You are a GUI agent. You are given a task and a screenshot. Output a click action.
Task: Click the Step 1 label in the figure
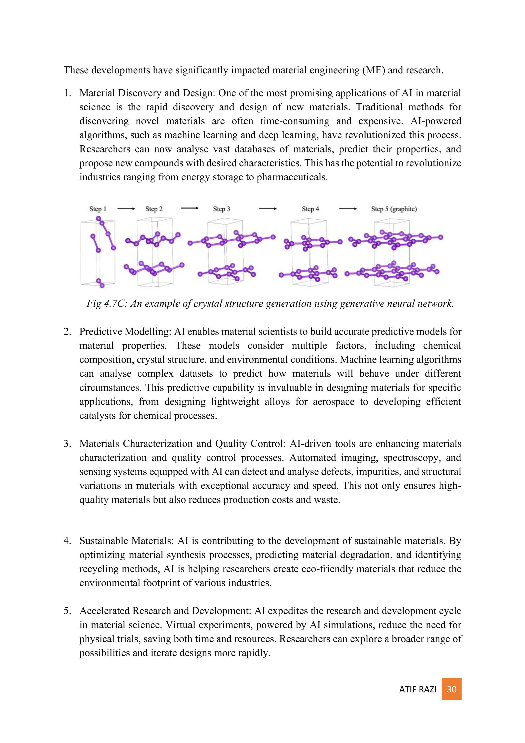(x=98, y=209)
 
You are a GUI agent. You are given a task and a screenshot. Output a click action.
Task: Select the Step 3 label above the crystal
(x=221, y=209)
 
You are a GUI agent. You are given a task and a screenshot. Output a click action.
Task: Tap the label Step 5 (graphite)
(x=394, y=209)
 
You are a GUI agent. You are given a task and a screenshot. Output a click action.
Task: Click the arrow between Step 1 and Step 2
(x=126, y=209)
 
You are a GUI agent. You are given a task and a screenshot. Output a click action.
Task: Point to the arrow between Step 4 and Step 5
(x=348, y=209)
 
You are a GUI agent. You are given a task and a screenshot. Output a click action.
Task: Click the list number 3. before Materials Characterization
(x=67, y=444)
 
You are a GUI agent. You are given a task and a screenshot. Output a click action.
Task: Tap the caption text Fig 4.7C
(x=106, y=304)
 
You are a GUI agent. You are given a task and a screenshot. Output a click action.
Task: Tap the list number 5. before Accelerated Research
(x=67, y=611)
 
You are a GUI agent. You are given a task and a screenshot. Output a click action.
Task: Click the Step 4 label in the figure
(x=310, y=209)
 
